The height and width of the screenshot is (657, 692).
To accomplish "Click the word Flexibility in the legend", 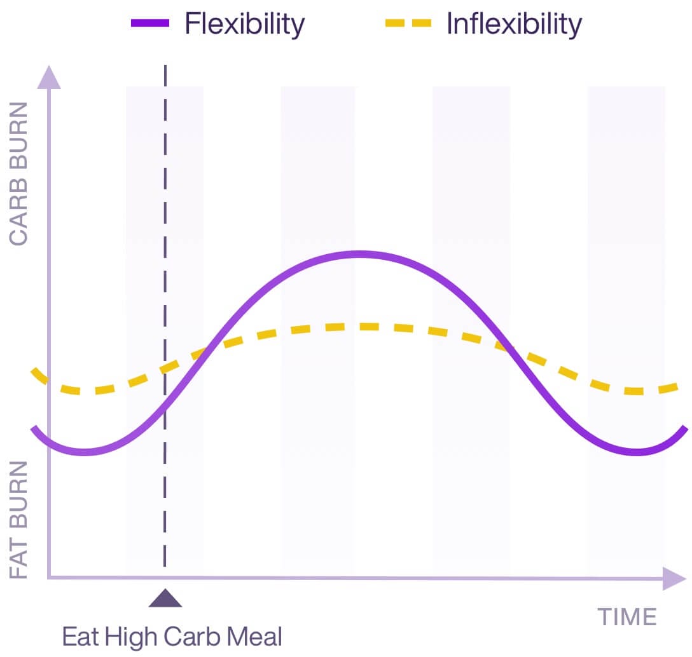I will pos(244,24).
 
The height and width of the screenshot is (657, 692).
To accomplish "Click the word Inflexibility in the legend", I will pos(514,24).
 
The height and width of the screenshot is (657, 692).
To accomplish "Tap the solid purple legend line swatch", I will pos(150,24).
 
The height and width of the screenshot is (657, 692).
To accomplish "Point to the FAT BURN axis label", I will pos(19,520).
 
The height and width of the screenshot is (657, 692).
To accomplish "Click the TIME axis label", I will pos(626,616).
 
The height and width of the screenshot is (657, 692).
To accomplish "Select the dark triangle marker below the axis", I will pos(165,599).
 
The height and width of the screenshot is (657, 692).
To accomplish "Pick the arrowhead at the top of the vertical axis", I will pos(49,76).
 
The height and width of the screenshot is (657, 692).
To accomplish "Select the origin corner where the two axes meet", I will pos(50,577).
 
